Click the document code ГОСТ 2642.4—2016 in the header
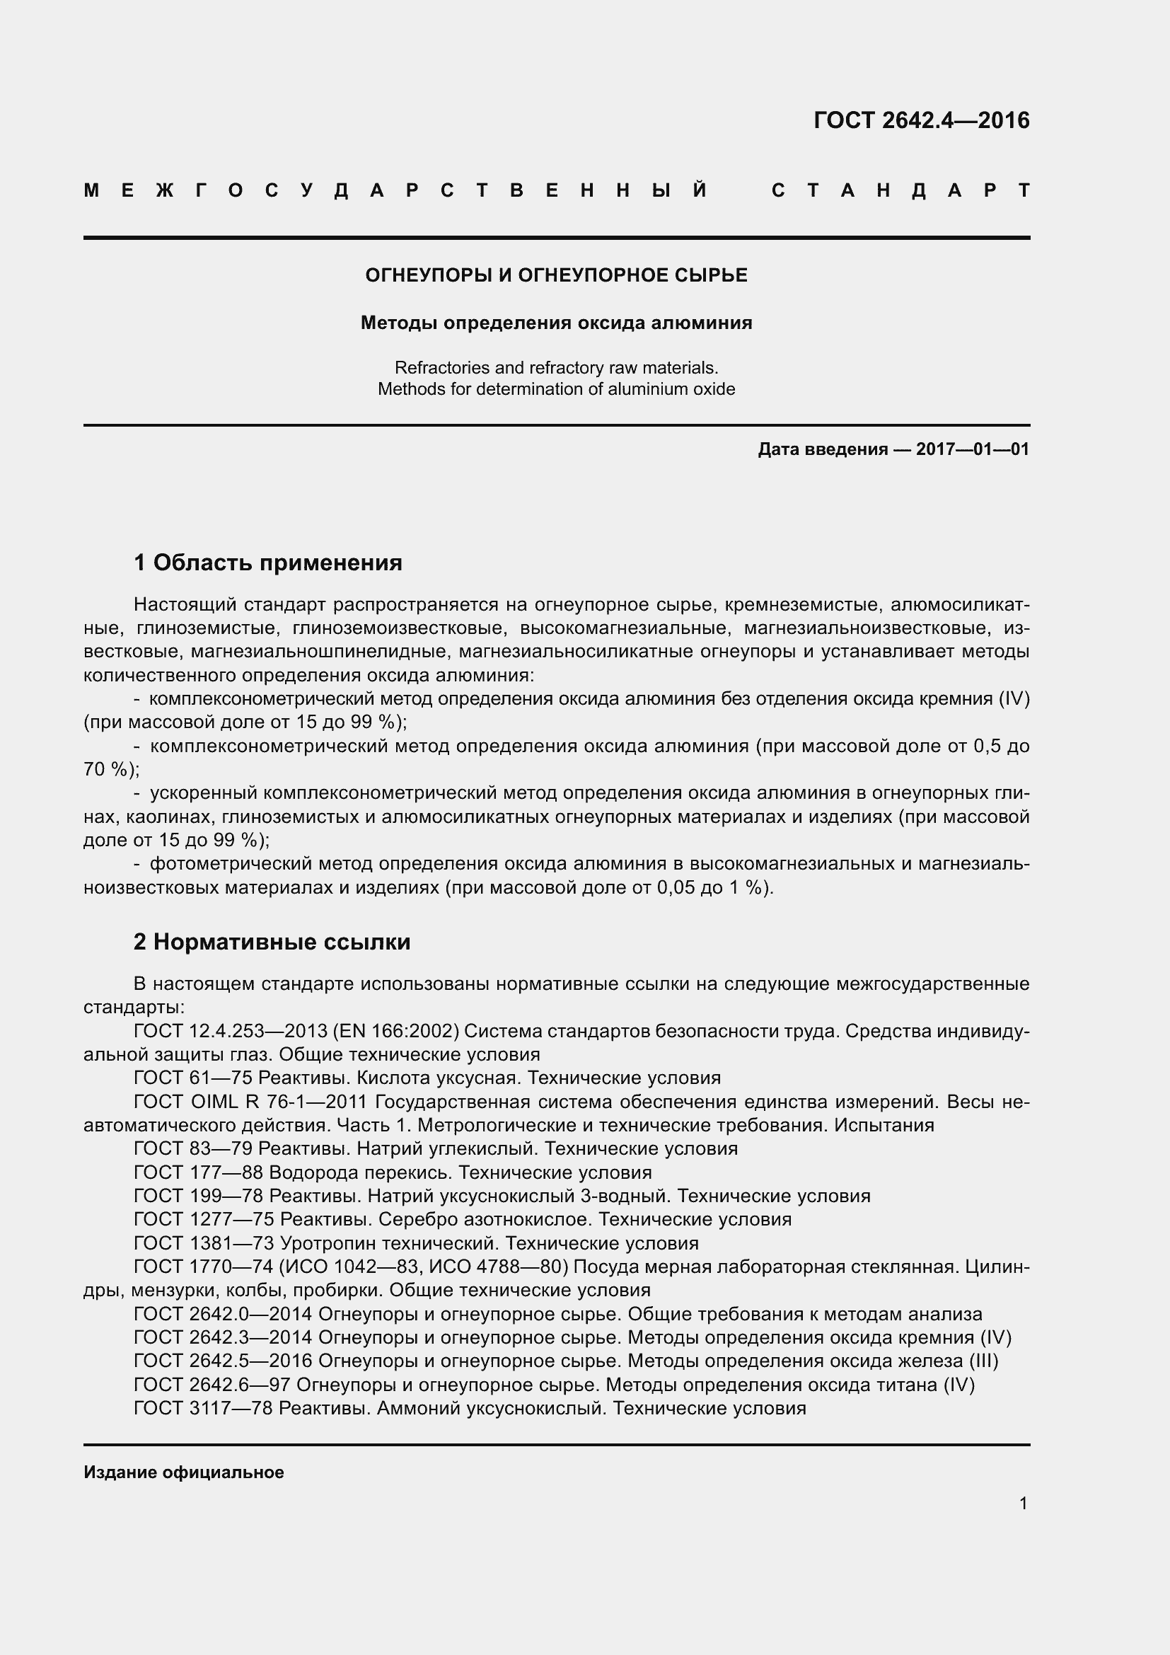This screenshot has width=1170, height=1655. click(x=922, y=120)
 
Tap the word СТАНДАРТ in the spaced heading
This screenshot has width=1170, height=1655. click(x=900, y=191)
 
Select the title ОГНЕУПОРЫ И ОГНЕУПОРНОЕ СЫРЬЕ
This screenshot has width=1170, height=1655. click(x=556, y=275)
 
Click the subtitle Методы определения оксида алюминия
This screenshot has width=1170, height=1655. click(x=556, y=323)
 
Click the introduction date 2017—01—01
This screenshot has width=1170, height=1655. click(x=972, y=450)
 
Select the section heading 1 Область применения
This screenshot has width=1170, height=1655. click(x=268, y=563)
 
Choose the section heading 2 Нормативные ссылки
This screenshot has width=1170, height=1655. click(x=272, y=941)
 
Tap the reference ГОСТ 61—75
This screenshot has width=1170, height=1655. click(x=193, y=1078)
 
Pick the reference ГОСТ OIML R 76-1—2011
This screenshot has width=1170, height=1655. click(x=251, y=1102)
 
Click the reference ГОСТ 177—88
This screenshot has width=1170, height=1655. click(x=198, y=1172)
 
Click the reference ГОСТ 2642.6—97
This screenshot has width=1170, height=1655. click(x=212, y=1384)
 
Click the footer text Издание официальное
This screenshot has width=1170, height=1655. click(x=184, y=1472)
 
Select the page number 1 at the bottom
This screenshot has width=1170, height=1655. click(x=1023, y=1503)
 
